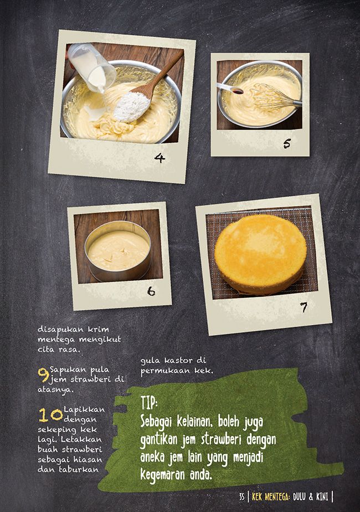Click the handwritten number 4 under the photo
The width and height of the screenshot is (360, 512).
pyautogui.click(x=160, y=158)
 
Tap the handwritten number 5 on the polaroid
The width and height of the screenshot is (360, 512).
pyautogui.click(x=287, y=143)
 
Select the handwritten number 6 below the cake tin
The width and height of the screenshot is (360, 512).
pyautogui.click(x=151, y=291)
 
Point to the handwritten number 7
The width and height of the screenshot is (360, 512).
pyautogui.click(x=304, y=307)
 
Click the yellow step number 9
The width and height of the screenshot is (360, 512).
pyautogui.click(x=43, y=375)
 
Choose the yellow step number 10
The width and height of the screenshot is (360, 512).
pyautogui.click(x=50, y=415)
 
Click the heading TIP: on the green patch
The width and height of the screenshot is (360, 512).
pyautogui.click(x=149, y=402)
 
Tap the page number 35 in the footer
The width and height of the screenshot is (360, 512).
pyautogui.click(x=241, y=497)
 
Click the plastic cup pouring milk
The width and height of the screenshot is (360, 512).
pyautogui.click(x=91, y=68)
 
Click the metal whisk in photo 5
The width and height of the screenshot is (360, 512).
pyautogui.click(x=274, y=97)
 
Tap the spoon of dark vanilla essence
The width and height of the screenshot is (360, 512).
pyautogui.click(x=230, y=89)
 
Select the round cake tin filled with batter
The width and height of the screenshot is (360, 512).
pyautogui.click(x=118, y=251)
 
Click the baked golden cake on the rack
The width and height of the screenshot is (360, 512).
pyautogui.click(x=260, y=254)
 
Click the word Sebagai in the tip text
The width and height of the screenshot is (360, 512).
pyautogui.click(x=157, y=421)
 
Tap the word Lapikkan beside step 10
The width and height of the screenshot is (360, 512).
pyautogui.click(x=84, y=410)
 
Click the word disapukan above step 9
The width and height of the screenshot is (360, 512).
pyautogui.click(x=60, y=329)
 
